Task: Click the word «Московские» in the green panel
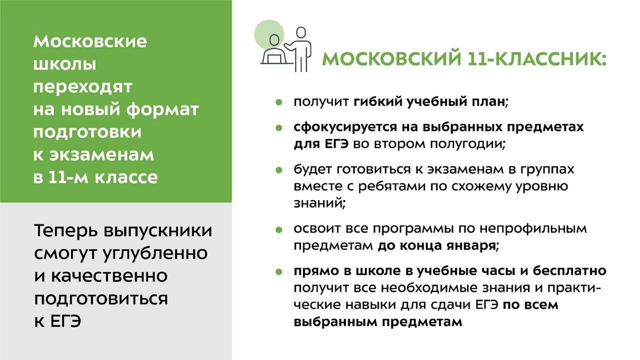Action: [x=90, y=41]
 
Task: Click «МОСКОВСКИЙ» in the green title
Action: [x=391, y=59]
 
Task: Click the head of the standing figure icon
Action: [x=301, y=33]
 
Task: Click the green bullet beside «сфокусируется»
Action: [x=279, y=127]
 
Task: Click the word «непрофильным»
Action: [x=532, y=229]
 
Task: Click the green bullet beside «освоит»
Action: [x=279, y=229]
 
